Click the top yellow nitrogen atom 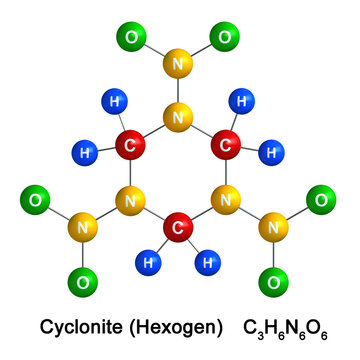click(178, 67)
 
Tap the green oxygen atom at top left click(131, 39)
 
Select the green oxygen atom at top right click(225, 39)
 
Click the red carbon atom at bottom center click(178, 229)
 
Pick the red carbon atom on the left click(129, 147)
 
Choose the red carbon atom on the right click(226, 147)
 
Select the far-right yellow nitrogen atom click(272, 229)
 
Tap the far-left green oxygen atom click(37, 201)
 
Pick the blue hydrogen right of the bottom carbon click(208, 265)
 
